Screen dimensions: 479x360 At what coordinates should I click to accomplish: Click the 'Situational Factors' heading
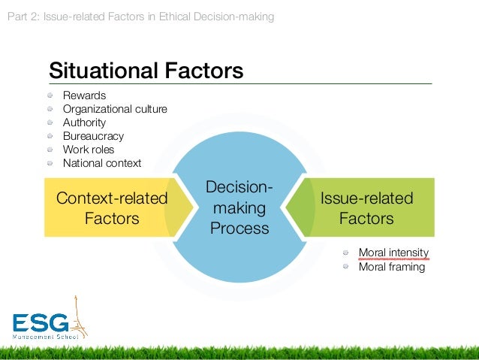point(146,71)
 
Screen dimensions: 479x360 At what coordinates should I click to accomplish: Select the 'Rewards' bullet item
point(84,95)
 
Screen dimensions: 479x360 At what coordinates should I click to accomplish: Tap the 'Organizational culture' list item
point(115,109)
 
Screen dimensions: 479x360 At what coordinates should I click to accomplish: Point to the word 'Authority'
point(84,123)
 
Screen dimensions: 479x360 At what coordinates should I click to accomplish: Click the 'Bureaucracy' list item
point(93,136)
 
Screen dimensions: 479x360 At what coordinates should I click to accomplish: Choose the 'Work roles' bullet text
point(89,150)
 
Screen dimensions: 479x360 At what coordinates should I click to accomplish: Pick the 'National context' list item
point(101,163)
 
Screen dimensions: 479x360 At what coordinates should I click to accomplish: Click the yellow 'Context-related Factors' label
point(112,208)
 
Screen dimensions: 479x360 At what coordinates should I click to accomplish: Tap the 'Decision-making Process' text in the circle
point(239,207)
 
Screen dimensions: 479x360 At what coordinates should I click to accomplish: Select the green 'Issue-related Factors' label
point(366,208)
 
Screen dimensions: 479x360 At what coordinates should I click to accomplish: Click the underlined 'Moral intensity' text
point(393,253)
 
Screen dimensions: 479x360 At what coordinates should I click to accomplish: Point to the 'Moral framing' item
point(391,267)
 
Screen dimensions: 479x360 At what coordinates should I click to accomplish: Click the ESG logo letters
point(41,323)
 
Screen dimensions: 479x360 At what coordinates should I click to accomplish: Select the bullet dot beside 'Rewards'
point(50,95)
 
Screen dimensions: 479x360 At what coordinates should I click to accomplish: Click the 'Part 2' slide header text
point(140,16)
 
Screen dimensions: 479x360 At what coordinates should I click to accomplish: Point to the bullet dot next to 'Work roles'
point(50,150)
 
